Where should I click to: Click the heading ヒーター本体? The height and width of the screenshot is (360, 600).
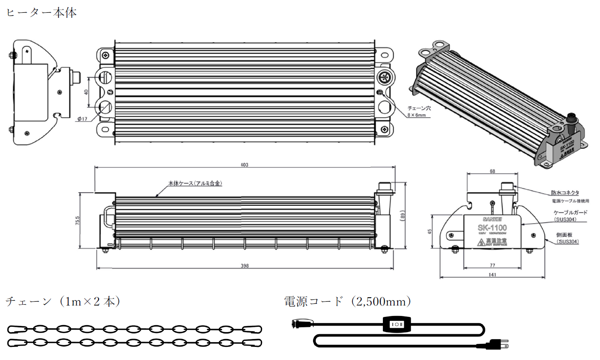pyautogui.click(x=41, y=13)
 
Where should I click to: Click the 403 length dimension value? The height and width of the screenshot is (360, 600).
pyautogui.click(x=244, y=165)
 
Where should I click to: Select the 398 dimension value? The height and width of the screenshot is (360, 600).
pyautogui.click(x=244, y=266)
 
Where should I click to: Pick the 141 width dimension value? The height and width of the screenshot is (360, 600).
pyautogui.click(x=492, y=275)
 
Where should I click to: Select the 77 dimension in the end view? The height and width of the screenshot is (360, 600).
pyautogui.click(x=492, y=265)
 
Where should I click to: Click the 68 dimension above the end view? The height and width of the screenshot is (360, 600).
pyautogui.click(x=492, y=171)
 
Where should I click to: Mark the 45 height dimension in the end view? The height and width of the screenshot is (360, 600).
pyautogui.click(x=429, y=231)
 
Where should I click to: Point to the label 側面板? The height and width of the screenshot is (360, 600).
pyautogui.click(x=565, y=234)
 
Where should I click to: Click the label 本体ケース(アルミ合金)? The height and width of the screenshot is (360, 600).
pyautogui.click(x=195, y=183)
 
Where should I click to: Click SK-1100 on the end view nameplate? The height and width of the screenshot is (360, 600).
pyautogui.click(x=492, y=228)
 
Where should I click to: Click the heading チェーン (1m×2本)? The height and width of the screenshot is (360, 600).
pyautogui.click(x=63, y=301)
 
